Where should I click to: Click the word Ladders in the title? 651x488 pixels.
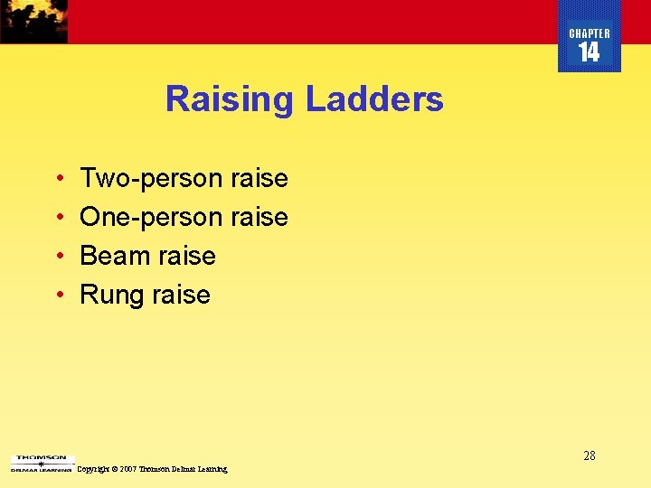point(374,99)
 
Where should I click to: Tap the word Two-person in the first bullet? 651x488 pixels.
point(152,179)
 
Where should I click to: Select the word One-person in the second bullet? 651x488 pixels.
point(152,218)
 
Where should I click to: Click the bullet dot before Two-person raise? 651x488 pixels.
point(58,179)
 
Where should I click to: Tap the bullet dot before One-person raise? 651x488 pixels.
point(58,218)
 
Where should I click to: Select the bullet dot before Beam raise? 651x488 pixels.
point(58,257)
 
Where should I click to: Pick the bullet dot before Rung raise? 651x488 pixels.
point(58,296)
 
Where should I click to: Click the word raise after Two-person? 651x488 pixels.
point(259,179)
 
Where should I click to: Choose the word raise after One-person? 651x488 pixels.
point(259,218)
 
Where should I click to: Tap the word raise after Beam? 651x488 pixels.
point(187,257)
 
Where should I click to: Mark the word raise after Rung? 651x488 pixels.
point(182,296)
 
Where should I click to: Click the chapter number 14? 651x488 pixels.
point(590,53)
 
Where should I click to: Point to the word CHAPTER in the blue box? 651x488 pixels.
point(590,33)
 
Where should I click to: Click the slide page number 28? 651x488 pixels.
point(589,456)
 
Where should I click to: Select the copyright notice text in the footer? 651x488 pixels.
point(153,469)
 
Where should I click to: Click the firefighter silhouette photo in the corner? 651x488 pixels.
point(33,21)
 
